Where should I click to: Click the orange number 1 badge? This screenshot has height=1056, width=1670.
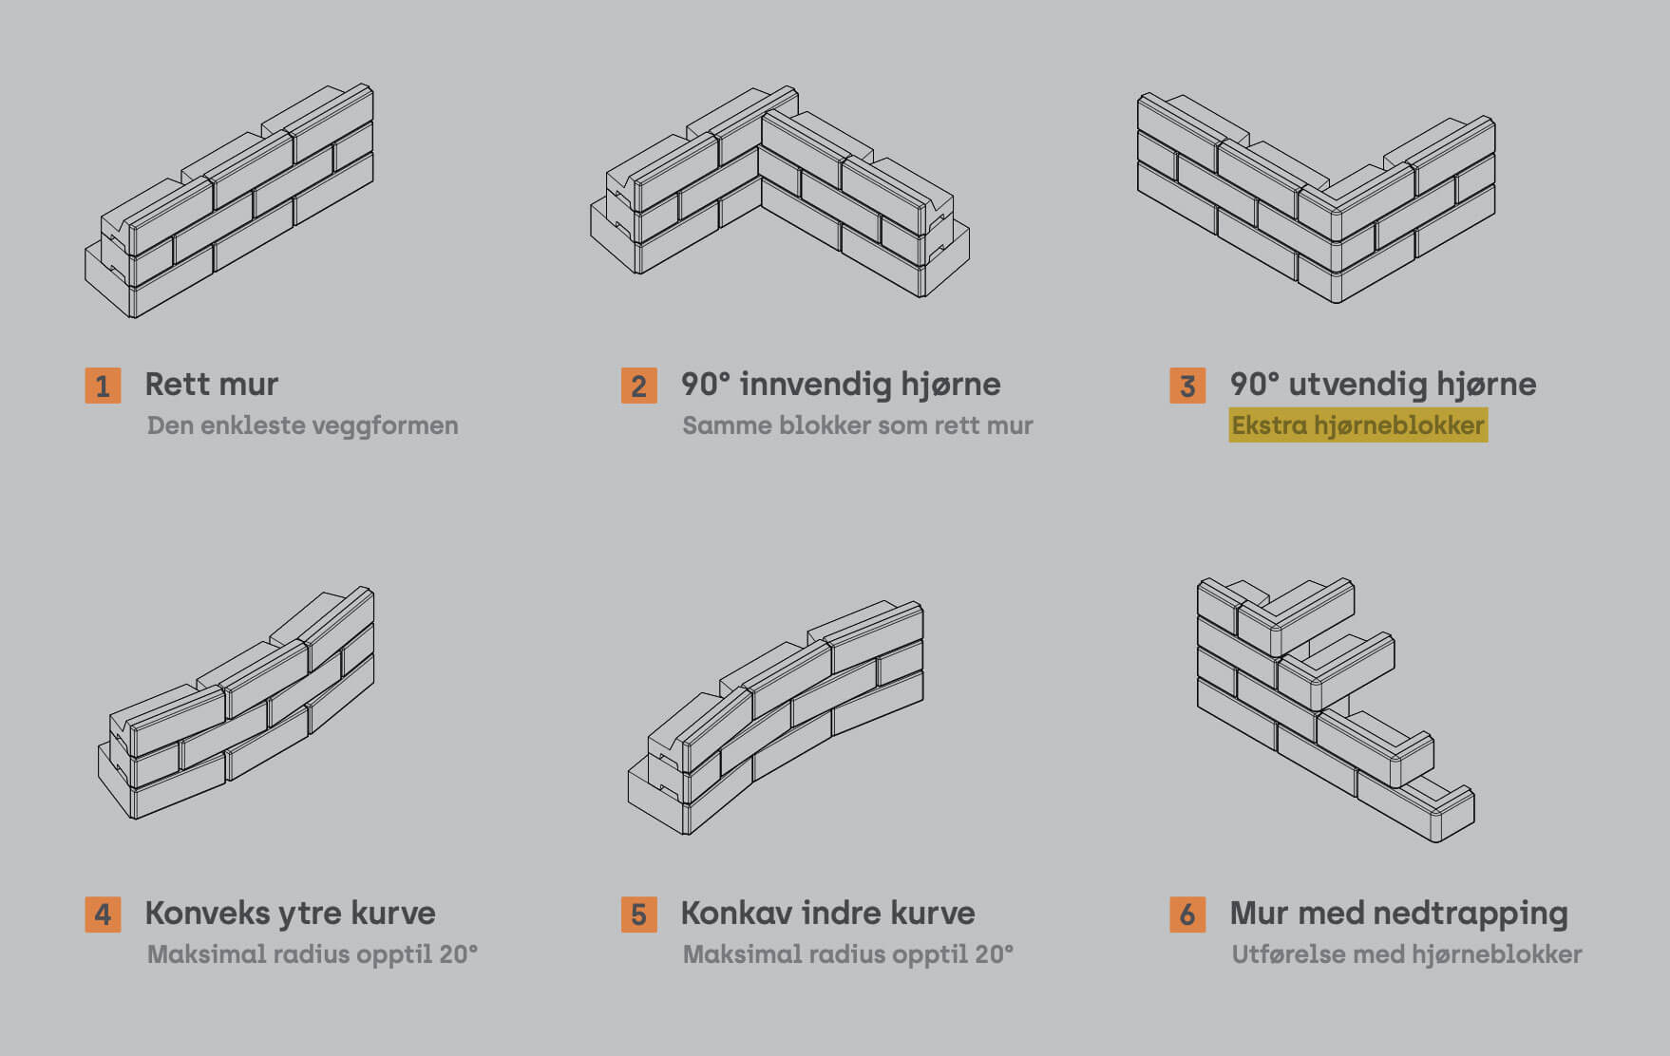(x=103, y=386)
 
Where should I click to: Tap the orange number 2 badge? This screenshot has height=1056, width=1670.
(x=638, y=386)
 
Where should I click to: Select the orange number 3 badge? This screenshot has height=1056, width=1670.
(x=1187, y=386)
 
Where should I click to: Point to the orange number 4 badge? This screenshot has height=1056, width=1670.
(x=103, y=915)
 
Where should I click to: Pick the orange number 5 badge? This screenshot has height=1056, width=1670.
(x=638, y=915)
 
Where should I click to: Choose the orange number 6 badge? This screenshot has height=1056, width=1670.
(x=1187, y=915)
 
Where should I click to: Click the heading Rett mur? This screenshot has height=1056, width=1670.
(x=211, y=385)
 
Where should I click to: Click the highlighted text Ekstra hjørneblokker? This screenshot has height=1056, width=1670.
(x=1357, y=425)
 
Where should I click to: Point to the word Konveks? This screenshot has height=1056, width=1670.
(x=207, y=914)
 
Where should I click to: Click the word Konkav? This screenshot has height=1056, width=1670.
(x=737, y=914)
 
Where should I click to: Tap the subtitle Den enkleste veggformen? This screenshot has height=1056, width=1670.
(x=302, y=425)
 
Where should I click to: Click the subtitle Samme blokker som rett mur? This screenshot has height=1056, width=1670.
(x=857, y=425)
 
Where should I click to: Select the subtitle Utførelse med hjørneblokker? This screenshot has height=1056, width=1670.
(x=1406, y=954)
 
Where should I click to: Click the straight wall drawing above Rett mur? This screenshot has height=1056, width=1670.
(x=229, y=200)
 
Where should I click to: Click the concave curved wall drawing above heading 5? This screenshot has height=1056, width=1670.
(x=775, y=718)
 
